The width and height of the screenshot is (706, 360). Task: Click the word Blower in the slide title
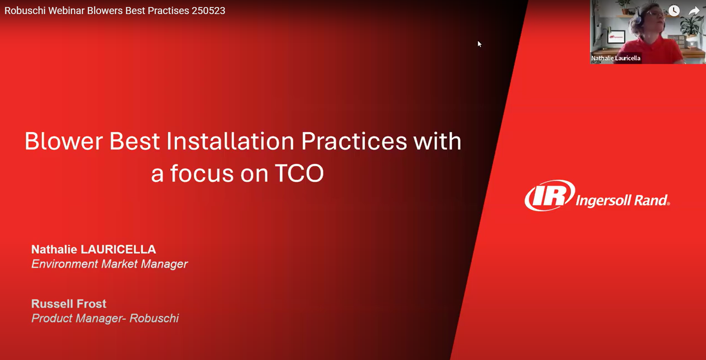point(63,142)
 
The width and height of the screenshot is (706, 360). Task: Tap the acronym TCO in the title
point(299,174)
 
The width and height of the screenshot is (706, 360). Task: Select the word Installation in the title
point(230,142)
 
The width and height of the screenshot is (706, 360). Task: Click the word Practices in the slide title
point(354,142)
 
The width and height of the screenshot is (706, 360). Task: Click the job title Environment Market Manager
point(109,264)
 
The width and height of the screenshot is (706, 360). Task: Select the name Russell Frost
point(69,304)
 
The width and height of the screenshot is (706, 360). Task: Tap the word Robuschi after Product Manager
point(154,319)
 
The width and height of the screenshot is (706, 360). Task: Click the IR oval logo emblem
point(549,195)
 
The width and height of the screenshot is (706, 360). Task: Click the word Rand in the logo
point(652,201)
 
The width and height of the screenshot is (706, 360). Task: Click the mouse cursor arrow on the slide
point(479,44)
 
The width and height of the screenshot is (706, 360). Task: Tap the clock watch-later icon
point(674,11)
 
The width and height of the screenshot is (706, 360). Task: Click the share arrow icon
point(694,11)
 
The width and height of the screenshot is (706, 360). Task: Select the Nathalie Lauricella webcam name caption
point(615,58)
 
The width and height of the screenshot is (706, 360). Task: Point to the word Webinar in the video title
point(66,11)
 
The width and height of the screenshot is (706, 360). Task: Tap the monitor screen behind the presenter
point(616,37)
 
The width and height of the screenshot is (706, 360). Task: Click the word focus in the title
point(202,174)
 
